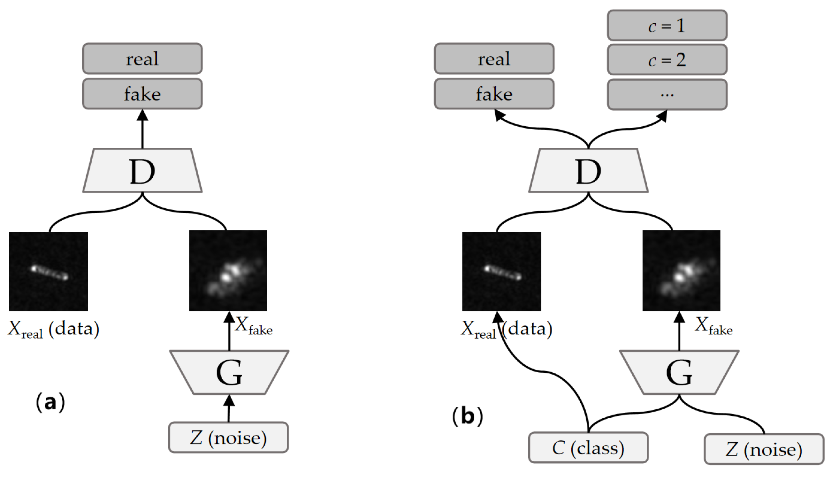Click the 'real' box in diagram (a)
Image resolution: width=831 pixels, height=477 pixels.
[142, 59]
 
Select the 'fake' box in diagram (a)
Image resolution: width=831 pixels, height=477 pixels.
[142, 94]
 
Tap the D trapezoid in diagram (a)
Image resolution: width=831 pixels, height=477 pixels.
[142, 171]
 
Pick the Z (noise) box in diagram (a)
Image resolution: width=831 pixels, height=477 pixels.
[228, 438]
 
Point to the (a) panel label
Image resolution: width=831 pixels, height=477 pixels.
[50, 402]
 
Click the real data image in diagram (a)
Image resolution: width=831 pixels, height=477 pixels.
[48, 272]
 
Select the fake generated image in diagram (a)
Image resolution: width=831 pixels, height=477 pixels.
[228, 271]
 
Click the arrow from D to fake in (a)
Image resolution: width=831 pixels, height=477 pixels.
[142, 129]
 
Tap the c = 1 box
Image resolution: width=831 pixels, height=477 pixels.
[667, 26]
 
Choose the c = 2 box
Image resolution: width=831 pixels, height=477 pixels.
[667, 60]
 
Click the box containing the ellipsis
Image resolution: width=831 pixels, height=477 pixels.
[667, 95]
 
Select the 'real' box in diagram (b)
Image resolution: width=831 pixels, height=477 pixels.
[494, 59]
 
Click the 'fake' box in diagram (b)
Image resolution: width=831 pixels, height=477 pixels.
[494, 94]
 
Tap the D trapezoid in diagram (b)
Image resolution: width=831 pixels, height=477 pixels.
[588, 171]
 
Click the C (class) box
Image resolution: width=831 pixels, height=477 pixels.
[588, 448]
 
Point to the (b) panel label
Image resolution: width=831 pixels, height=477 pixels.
[467, 416]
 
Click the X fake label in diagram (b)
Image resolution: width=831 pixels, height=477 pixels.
[713, 326]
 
